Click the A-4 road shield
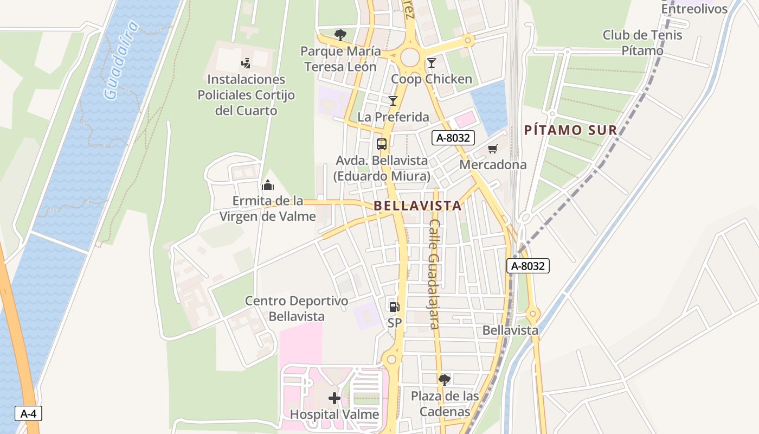28,413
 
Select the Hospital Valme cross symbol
335,399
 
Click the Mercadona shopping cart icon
493,149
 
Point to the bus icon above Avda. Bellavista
382,144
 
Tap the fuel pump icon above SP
394,307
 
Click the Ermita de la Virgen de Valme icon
267,185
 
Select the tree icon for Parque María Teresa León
340,35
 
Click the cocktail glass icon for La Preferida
393,100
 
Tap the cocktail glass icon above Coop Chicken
432,63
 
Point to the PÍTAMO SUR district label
571,130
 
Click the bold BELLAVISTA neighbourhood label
417,206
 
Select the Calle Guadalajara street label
434,274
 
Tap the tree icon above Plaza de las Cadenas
445,380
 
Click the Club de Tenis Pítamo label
642,43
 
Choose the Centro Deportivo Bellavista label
297,309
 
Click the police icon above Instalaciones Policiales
246,63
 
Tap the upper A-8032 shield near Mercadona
453,138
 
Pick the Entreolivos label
686,9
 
